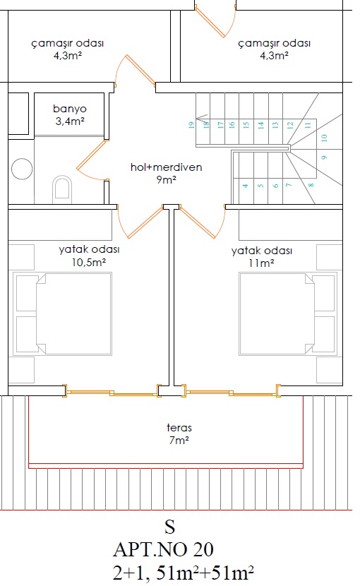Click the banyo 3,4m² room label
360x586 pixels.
tap(70, 115)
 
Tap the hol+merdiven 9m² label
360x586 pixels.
tap(167, 173)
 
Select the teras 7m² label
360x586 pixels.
tap(179, 433)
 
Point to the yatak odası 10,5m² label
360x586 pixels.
tap(89, 256)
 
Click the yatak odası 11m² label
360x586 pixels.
tap(262, 257)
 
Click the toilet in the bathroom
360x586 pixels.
tap(62, 189)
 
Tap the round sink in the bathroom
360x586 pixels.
tap(22, 169)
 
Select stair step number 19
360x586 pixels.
tap(191, 125)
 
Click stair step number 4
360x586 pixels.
tap(245, 186)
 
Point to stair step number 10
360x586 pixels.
tap(324, 138)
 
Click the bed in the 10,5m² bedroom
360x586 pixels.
tap(62, 313)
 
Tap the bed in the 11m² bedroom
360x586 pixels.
tap(288, 313)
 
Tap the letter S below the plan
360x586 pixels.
tap(169, 527)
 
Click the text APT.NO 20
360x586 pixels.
tap(163, 549)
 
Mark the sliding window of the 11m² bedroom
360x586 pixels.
tap(231, 391)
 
